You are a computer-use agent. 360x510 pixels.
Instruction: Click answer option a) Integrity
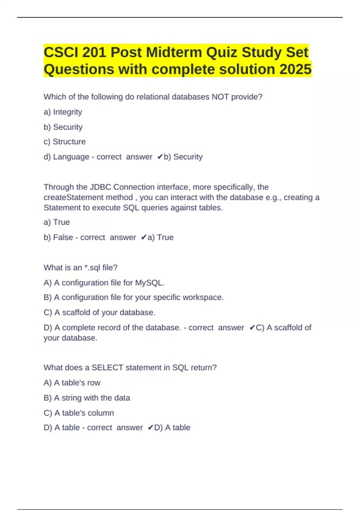click(63, 112)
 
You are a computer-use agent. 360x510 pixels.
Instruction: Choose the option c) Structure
click(64, 142)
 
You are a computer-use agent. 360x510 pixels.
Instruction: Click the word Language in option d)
click(71, 157)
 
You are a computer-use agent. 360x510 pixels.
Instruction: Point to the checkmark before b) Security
click(160, 157)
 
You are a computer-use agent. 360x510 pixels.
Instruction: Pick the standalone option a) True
click(57, 222)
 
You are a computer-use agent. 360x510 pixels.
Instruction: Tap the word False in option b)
click(63, 237)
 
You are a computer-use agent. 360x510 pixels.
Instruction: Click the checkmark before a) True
click(143, 238)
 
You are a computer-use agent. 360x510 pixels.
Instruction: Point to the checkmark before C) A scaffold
click(252, 328)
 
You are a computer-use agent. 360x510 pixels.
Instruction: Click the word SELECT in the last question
click(107, 367)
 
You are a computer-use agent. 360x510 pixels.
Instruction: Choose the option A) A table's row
click(72, 383)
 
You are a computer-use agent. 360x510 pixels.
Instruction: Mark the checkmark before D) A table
click(151, 427)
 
